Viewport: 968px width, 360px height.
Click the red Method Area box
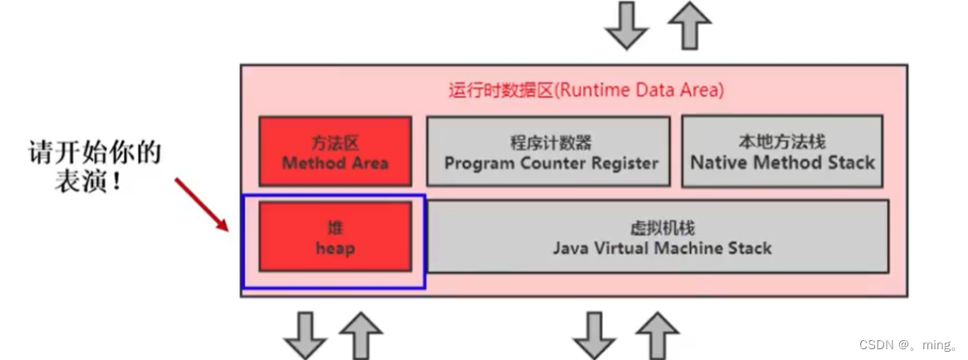point(334,150)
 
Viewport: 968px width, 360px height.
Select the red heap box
point(334,236)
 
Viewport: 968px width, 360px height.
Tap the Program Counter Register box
point(548,151)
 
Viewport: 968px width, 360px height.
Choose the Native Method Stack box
point(781,151)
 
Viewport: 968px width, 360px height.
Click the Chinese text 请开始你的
point(94,155)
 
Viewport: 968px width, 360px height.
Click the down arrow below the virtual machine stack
point(595,335)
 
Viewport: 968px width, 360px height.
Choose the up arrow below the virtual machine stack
point(658,335)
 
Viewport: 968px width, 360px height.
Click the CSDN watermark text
point(909,344)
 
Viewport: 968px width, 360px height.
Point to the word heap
point(334,248)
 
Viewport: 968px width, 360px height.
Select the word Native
point(719,163)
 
